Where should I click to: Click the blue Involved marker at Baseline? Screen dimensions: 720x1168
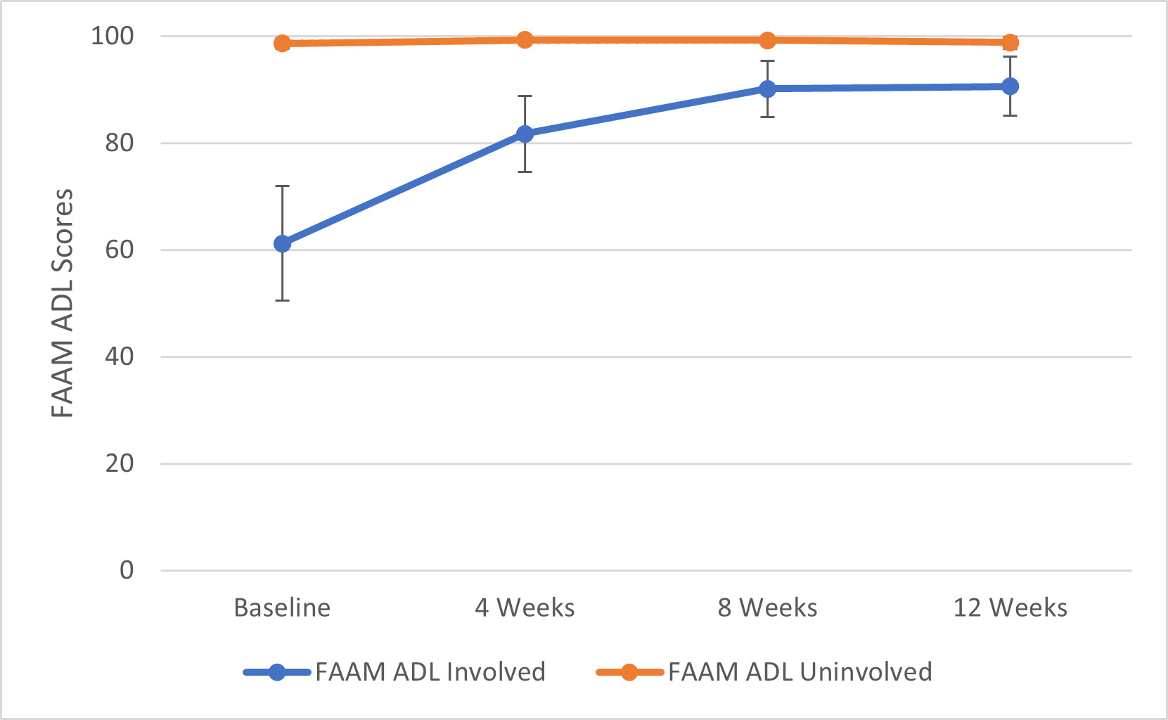click(x=282, y=244)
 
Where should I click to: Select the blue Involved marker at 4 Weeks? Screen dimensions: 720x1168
click(x=525, y=134)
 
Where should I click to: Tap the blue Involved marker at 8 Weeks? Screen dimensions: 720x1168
click(x=767, y=89)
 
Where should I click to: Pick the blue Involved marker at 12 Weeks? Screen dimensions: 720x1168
click(x=1010, y=86)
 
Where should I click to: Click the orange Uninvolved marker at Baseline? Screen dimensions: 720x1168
click(x=282, y=44)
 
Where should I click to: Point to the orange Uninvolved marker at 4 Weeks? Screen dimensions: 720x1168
click(x=525, y=40)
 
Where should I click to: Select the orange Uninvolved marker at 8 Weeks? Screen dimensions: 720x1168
click(x=767, y=40)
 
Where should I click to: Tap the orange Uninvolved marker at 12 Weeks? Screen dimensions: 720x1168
click(x=1010, y=43)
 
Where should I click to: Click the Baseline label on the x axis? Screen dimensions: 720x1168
click(x=282, y=607)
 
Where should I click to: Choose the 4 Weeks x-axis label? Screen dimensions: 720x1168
click(x=525, y=607)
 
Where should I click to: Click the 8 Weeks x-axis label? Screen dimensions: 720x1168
click(x=767, y=607)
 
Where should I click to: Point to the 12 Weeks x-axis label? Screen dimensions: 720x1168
click(x=1010, y=607)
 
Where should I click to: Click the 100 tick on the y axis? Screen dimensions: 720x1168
click(x=113, y=36)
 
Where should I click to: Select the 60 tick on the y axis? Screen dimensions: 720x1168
click(x=120, y=250)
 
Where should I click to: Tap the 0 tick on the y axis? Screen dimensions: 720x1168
click(x=127, y=570)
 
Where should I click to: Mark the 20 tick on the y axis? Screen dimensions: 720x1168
click(x=120, y=463)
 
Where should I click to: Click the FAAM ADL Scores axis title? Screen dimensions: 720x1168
click(x=63, y=303)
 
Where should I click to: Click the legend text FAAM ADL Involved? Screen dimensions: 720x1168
click(x=430, y=672)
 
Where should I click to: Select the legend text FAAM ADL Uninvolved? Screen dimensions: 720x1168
click(x=800, y=672)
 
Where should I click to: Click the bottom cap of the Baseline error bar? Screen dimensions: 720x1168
click(x=282, y=301)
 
